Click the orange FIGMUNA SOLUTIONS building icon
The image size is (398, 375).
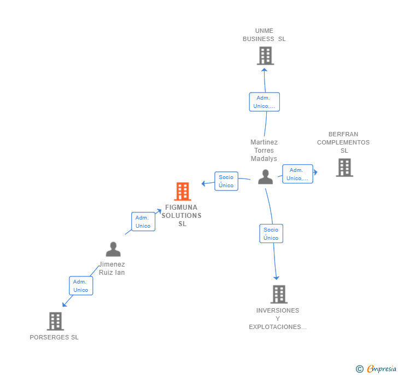pyautogui.click(x=183, y=192)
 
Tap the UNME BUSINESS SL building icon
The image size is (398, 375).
pyautogui.click(x=265, y=56)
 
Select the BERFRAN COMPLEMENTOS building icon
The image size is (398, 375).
pyautogui.click(x=344, y=168)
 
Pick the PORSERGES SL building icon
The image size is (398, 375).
pyautogui.click(x=55, y=321)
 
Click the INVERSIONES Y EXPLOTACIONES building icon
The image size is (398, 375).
pyautogui.click(x=279, y=295)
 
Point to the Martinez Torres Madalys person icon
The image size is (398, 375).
pyautogui.click(x=266, y=177)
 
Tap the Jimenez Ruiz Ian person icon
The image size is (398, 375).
pyautogui.click(x=113, y=249)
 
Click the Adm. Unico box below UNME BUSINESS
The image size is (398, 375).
pyautogui.click(x=265, y=102)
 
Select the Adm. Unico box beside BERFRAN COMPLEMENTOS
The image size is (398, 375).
pyautogui.click(x=297, y=174)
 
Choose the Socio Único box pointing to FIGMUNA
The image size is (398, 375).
pyautogui.click(x=226, y=181)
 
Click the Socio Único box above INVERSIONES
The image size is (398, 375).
pyautogui.click(x=271, y=234)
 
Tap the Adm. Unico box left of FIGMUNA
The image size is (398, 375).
pyautogui.click(x=143, y=222)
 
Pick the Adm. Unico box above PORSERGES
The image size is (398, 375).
pyautogui.click(x=81, y=286)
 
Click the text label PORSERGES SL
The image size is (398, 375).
pyautogui.click(x=54, y=337)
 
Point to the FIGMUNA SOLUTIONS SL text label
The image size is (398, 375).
pyautogui.click(x=182, y=216)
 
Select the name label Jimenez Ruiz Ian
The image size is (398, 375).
pyautogui.click(x=112, y=268)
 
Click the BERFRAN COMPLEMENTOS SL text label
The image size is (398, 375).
pyautogui.click(x=343, y=142)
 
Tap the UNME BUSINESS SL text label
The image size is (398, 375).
pyautogui.click(x=265, y=35)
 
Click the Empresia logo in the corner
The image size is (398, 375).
pyautogui.click(x=377, y=369)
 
